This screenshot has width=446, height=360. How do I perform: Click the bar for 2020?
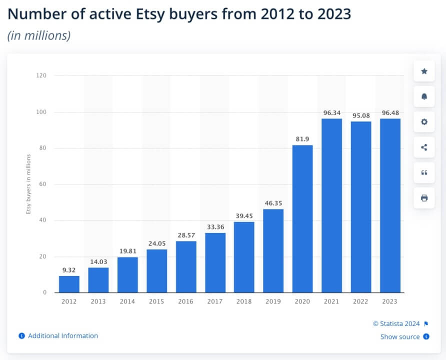click(302, 218)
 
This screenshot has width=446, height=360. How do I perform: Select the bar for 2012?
click(69, 284)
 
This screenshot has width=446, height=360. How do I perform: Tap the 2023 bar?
click(390, 205)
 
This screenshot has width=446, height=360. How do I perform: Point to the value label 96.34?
click(331, 113)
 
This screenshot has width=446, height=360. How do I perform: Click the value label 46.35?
click(273, 203)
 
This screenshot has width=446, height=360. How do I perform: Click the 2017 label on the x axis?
click(215, 301)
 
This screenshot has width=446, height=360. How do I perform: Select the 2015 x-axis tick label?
click(156, 301)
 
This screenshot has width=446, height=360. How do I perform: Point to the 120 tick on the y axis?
click(41, 76)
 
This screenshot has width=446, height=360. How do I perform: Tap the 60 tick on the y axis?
click(43, 184)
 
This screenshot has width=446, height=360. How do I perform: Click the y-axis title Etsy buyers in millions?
click(28, 184)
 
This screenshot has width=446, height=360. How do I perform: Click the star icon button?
click(424, 71)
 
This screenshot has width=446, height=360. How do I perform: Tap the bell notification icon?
click(424, 96)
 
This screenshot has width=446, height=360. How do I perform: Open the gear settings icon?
click(424, 122)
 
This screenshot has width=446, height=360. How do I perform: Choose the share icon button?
click(424, 147)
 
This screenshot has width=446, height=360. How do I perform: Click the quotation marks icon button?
click(424, 172)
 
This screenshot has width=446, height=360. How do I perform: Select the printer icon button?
click(424, 198)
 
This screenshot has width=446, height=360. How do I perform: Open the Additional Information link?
click(62, 336)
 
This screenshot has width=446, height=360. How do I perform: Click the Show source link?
click(400, 337)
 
